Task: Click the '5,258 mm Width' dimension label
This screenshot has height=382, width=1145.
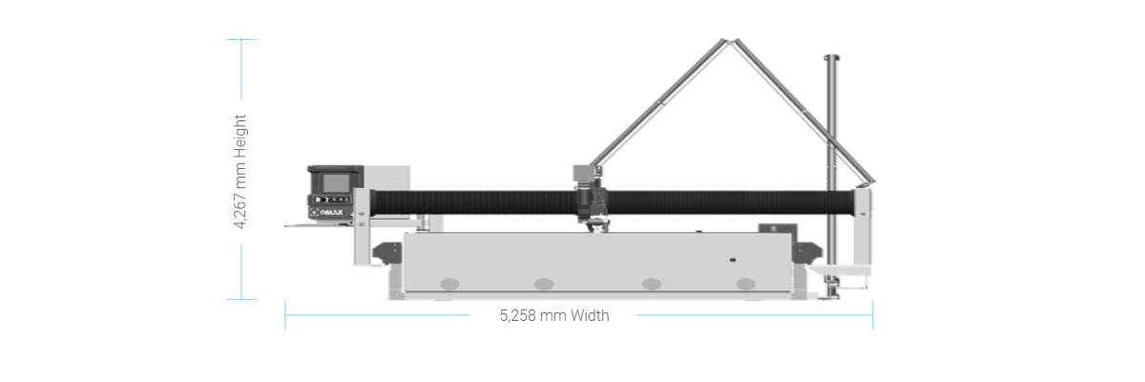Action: (554, 315)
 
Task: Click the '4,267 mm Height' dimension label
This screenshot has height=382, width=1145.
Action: (239, 171)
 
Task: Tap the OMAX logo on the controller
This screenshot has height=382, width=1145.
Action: (332, 212)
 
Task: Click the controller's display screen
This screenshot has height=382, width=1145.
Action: (335, 182)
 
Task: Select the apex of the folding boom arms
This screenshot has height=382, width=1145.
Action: (729, 41)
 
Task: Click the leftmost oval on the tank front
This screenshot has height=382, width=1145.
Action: (449, 284)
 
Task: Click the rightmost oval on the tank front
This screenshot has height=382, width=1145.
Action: (746, 284)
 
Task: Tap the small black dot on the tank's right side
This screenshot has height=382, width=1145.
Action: (733, 260)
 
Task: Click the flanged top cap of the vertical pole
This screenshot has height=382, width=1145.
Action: (832, 57)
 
